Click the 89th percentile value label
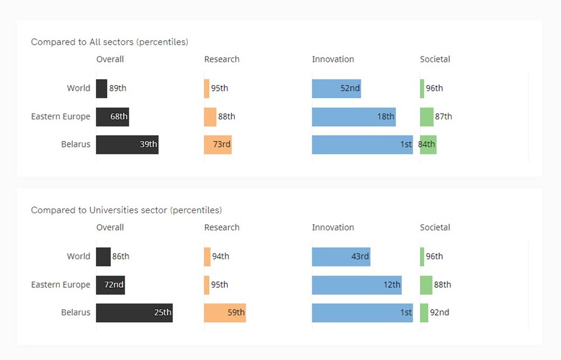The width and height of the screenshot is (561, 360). pos(118,89)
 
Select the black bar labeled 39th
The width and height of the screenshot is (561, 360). pos(127,144)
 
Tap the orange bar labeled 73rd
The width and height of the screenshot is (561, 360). pos(218,144)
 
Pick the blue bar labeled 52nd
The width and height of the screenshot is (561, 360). pos(336,89)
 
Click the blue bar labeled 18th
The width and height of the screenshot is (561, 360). pos(354,117)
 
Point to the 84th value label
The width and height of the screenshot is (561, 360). pos(427,144)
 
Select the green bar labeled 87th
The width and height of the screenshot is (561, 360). pos(426,117)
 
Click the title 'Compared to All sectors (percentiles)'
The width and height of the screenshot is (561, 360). pos(110,42)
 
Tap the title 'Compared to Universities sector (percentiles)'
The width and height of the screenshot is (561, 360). pos(126,210)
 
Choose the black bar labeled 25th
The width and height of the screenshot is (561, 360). pos(134,313)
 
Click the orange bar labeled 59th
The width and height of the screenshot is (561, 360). pos(225,313)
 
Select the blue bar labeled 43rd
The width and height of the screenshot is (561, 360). pos(341,256)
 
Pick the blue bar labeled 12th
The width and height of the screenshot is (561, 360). pos(357,285)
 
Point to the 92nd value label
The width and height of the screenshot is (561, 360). pos(440,313)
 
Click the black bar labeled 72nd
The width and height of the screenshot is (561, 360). pos(110,285)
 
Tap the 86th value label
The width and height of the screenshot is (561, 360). pos(121,256)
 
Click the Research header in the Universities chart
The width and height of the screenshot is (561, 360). pos(221,228)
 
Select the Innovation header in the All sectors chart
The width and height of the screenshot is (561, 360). pos(333,59)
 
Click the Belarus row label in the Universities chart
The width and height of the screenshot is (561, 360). pos(76,313)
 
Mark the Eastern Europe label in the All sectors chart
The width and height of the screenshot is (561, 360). pos(61,117)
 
